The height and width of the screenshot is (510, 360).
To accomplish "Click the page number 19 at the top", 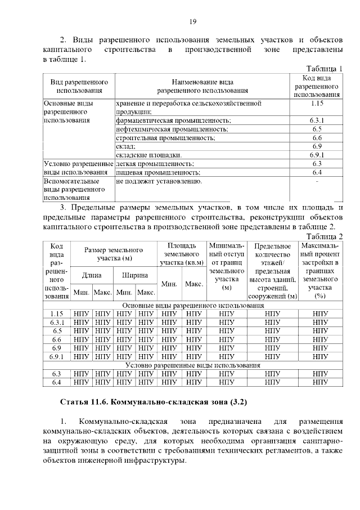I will (x=192, y=21).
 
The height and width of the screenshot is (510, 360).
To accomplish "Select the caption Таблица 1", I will (x=321, y=68).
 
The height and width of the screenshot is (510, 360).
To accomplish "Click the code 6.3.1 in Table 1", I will (x=316, y=120).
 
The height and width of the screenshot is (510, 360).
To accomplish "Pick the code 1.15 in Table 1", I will (x=316, y=104).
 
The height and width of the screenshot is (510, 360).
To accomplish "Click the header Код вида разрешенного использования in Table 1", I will (x=316, y=86).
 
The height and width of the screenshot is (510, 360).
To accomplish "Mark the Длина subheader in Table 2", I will (x=91, y=275).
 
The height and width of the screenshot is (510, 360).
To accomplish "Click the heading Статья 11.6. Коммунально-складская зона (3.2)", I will (x=154, y=402).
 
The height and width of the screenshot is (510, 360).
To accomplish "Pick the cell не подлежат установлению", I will (x=159, y=182).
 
